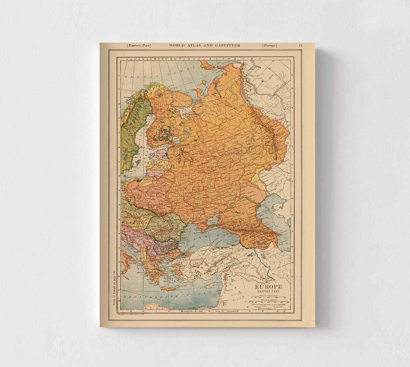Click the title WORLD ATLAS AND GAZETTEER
pos(204,46)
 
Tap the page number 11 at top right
pos(300,46)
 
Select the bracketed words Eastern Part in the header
pos(139,46)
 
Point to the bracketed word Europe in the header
pos(270,46)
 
